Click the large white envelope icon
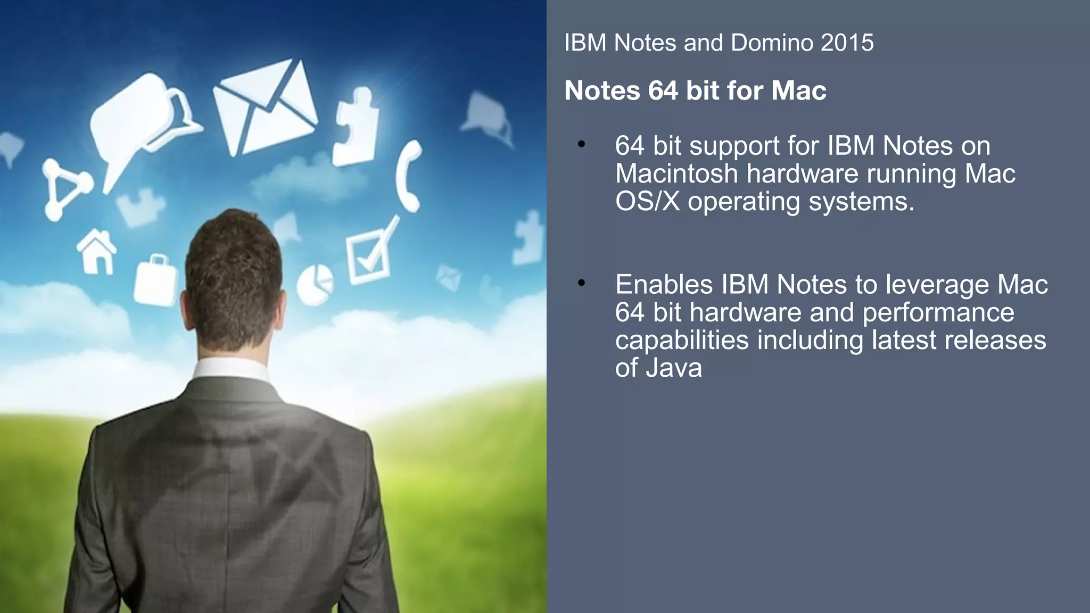tap(265, 109)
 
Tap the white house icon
tap(97, 252)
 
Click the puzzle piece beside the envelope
tap(356, 128)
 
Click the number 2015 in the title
tap(847, 43)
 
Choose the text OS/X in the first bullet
tap(647, 202)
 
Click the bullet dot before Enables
tap(581, 283)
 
